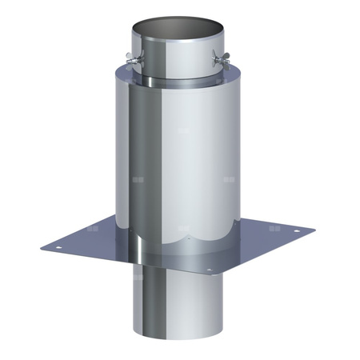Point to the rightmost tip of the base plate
click(x=314, y=232)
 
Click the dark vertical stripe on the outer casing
click(x=144, y=160)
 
